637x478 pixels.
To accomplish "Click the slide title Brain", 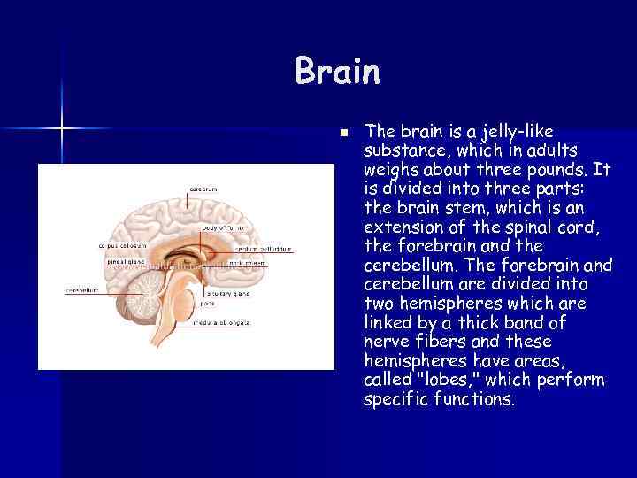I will (338, 72).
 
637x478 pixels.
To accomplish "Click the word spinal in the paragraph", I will (528, 227).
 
